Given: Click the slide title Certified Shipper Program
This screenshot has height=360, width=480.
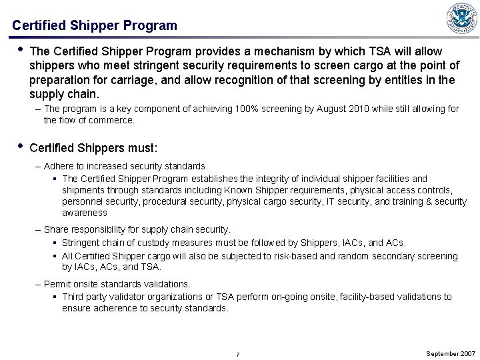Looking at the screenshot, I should coord(95,26).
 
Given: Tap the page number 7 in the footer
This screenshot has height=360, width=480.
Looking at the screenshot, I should coord(238,353).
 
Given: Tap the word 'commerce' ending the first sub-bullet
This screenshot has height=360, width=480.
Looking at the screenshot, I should coord(113,121).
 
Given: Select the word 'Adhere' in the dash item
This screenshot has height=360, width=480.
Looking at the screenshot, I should coord(59,165).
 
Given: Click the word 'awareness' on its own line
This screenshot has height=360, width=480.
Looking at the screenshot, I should coord(85,213).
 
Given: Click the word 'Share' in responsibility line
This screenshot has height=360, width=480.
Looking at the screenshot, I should coord(57,230).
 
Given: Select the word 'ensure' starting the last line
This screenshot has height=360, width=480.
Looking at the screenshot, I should coord(76,309).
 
